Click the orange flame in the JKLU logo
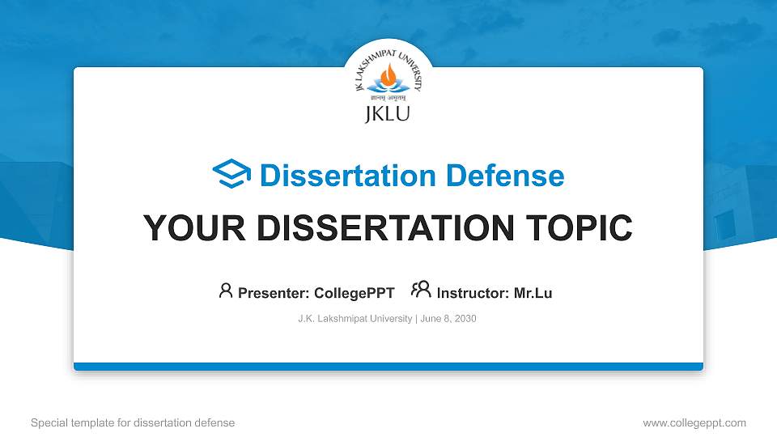[388, 78]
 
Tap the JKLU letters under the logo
[388, 112]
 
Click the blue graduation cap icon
[231, 175]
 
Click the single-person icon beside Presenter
[226, 291]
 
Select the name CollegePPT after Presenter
[355, 293]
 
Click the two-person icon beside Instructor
[421, 291]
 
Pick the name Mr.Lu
[533, 293]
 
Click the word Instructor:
[473, 293]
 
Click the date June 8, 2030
[448, 319]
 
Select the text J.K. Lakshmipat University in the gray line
[355, 319]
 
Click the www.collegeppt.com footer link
[694, 422]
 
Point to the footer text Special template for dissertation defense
[133, 422]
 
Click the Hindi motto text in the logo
[388, 97]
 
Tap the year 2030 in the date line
[465, 319]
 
